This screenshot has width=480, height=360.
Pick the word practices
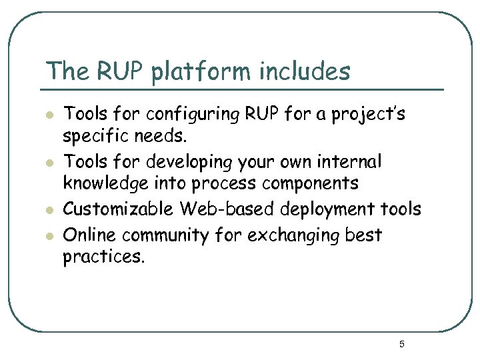point(103,257)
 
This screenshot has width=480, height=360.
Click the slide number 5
point(401,344)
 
